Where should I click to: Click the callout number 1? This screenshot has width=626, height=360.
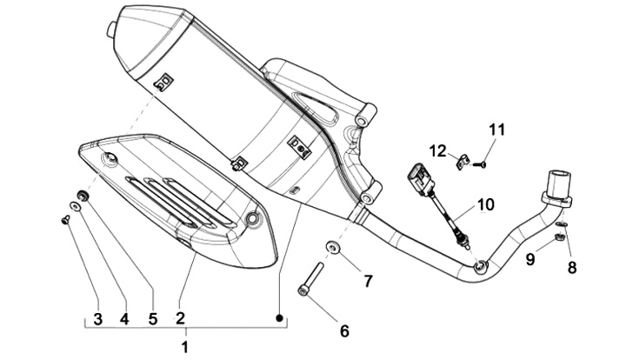tap(184, 347)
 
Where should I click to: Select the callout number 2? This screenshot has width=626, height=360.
tap(180, 318)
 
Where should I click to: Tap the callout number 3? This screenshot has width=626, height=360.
tap(97, 318)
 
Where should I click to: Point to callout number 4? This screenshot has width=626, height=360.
tap(124, 318)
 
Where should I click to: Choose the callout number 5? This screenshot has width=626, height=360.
tap(153, 318)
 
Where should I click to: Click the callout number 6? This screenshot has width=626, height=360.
tap(344, 330)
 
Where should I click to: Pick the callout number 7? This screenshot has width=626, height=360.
tap(368, 281)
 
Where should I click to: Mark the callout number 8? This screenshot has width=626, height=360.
tap(571, 267)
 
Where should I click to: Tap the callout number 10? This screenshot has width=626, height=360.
tap(485, 205)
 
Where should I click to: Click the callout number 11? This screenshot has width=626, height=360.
tap(496, 130)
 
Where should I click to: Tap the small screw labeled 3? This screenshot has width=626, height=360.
tap(65, 219)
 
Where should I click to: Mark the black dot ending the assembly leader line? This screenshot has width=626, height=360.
tap(280, 317)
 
